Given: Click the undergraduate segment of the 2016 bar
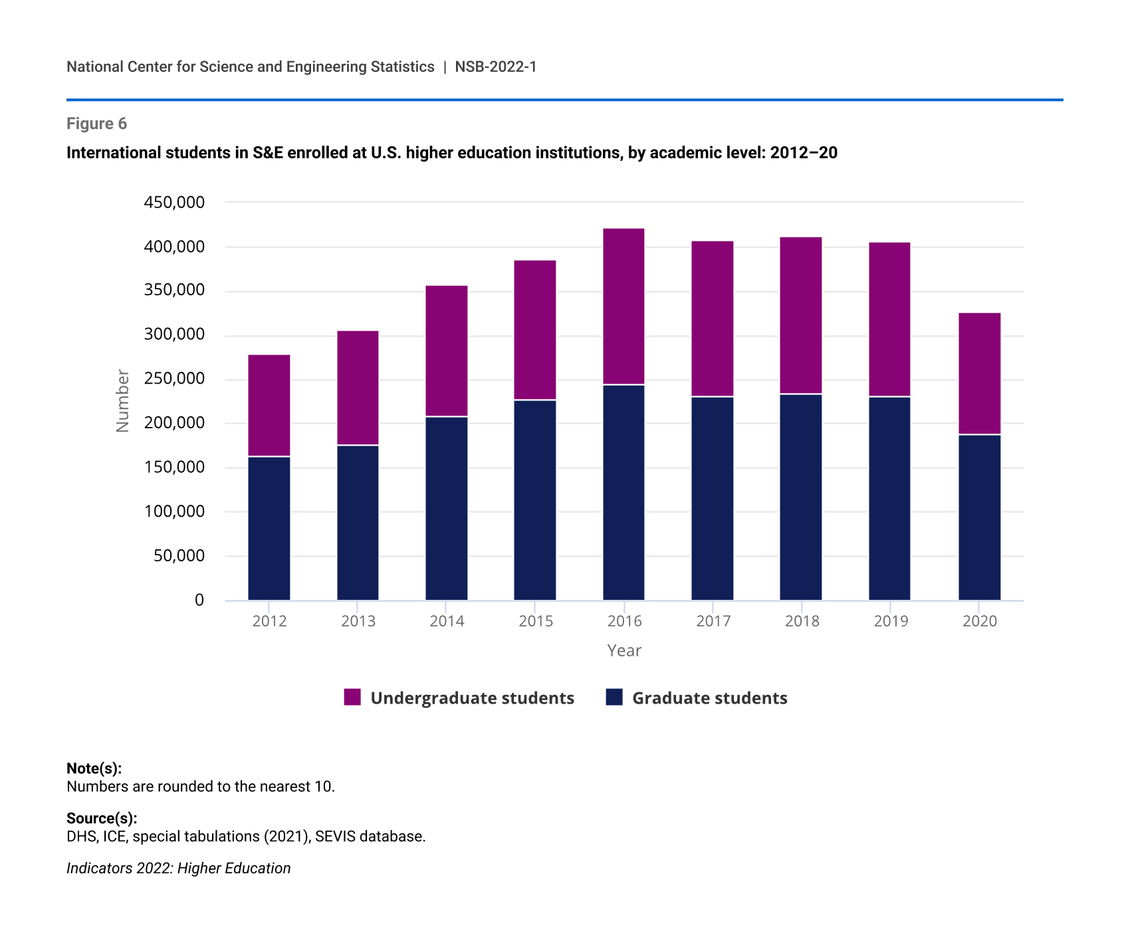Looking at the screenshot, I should click(x=623, y=307).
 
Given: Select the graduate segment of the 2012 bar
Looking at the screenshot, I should click(x=269, y=528).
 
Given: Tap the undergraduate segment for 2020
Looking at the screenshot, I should click(x=979, y=374).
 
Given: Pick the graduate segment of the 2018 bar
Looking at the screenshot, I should click(x=801, y=497).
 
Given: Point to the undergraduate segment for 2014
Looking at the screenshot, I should click(x=447, y=351).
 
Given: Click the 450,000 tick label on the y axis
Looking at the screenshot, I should click(x=174, y=202).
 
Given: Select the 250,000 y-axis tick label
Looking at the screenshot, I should click(x=174, y=379).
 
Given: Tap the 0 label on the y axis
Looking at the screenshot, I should click(x=199, y=601).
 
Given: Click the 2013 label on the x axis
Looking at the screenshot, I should click(x=358, y=621).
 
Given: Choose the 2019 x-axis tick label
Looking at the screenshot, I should click(x=891, y=621).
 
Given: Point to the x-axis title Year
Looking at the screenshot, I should click(x=624, y=650).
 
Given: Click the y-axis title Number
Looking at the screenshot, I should click(x=123, y=401).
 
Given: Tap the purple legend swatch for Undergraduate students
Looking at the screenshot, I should click(x=352, y=697).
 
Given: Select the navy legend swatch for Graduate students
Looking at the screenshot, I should click(x=614, y=697).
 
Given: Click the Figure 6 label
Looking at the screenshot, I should click(x=96, y=124).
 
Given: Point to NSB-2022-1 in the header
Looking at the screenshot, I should click(x=496, y=67).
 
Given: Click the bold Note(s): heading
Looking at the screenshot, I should click(x=94, y=768).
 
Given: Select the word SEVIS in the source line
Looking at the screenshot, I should click(x=335, y=836).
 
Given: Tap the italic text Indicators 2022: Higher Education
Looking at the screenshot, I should click(x=178, y=868).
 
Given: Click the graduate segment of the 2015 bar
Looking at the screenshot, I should click(x=535, y=500).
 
